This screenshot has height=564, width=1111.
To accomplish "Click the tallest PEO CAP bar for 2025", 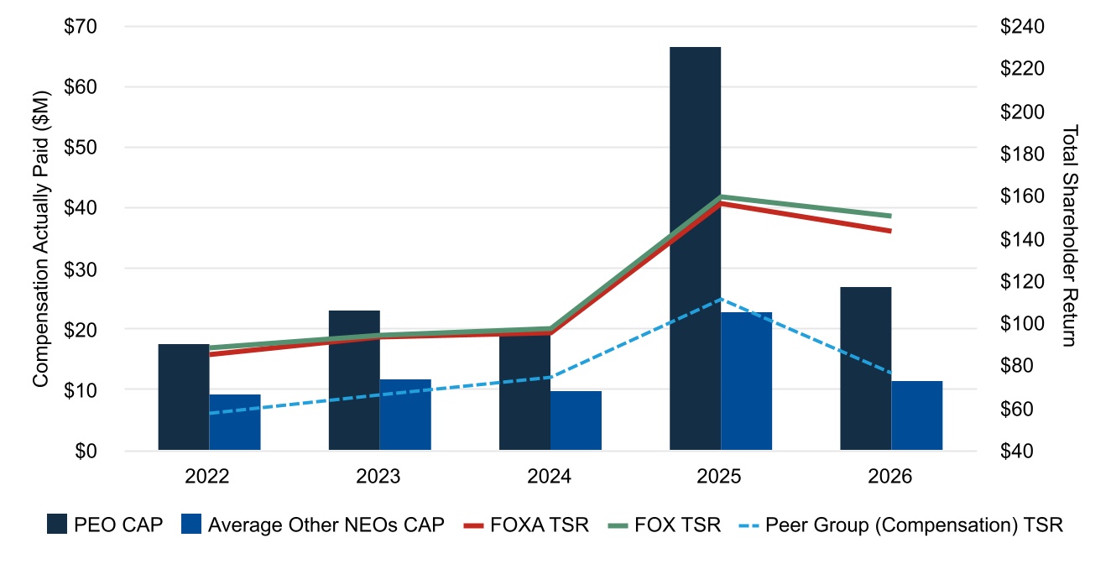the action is coord(695,248).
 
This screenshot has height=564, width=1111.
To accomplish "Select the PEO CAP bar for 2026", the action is coord(865,368).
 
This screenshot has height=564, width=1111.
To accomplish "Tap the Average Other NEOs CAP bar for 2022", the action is coord(235,422).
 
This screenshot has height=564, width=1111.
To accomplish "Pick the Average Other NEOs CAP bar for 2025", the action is coord(747,381).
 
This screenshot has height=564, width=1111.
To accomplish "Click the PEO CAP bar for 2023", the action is coord(354,380).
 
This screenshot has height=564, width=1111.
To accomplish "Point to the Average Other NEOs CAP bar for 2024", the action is coord(576,420).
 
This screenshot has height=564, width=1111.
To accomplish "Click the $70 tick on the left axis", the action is coord(81,26).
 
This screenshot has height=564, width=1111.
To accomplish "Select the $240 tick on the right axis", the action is coord(1022,26).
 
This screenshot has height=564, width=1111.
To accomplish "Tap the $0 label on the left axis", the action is coord(86,451).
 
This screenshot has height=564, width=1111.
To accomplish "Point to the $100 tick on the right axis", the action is coord(1022,323).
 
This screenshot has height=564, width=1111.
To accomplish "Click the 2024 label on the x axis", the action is coord(549,476).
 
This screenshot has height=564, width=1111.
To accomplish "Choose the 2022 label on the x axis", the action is coord(206,476).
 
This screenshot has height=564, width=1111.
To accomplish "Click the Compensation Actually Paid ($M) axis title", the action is coord(40,238).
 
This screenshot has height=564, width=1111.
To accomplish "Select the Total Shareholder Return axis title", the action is coord(1071,236).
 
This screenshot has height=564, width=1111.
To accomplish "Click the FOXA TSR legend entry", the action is coord(526,525).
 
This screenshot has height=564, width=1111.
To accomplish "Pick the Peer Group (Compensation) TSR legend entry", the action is coord(900,525).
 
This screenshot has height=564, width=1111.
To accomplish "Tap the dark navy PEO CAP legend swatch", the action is coord(56,525).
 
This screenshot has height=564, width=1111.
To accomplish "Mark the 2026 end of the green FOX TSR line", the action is coord(891,217).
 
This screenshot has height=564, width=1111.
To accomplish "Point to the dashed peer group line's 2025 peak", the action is coord(721,299).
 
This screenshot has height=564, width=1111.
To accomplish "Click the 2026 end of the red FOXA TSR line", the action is coord(891,231).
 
